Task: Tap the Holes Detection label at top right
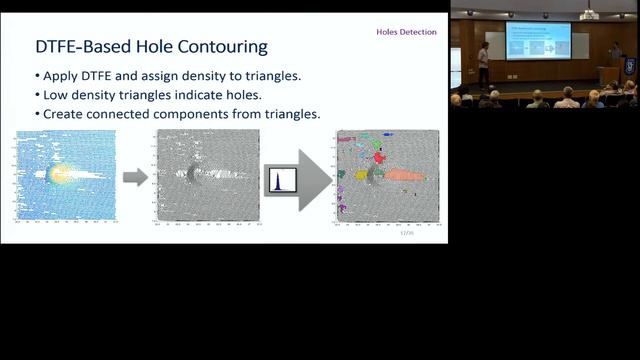[406, 32]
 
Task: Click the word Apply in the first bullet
[64, 76]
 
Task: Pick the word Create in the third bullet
[66, 114]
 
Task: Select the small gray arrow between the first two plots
[135, 178]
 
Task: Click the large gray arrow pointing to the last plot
[315, 179]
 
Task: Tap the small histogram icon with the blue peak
[280, 181]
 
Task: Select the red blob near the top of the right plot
[379, 156]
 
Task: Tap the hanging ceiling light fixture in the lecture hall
[589, 13]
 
